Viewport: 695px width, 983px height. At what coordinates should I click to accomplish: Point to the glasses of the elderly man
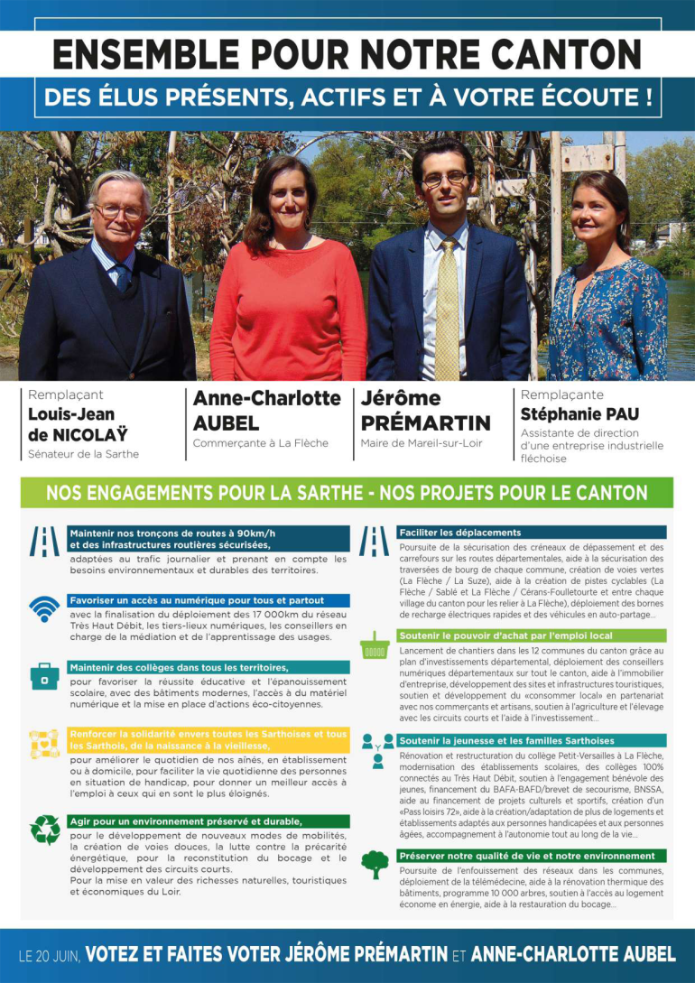point(119,212)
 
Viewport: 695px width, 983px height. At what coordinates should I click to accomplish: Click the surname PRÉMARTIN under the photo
point(425,422)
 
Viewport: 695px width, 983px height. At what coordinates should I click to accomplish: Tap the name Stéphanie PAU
point(579,414)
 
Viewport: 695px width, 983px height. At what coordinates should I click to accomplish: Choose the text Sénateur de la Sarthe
point(83,454)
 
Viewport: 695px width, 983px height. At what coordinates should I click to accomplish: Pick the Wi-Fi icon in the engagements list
point(43,609)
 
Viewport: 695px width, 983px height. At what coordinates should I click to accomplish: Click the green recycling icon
point(44,829)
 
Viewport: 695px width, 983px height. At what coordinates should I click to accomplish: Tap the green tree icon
point(374,864)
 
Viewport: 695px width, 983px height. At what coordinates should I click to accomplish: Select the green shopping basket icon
point(374,646)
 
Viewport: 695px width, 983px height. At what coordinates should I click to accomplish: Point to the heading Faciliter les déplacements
point(460,533)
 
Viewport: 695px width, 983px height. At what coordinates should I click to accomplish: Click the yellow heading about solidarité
point(208,739)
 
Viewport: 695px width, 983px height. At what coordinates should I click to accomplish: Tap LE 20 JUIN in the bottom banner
point(49,954)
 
